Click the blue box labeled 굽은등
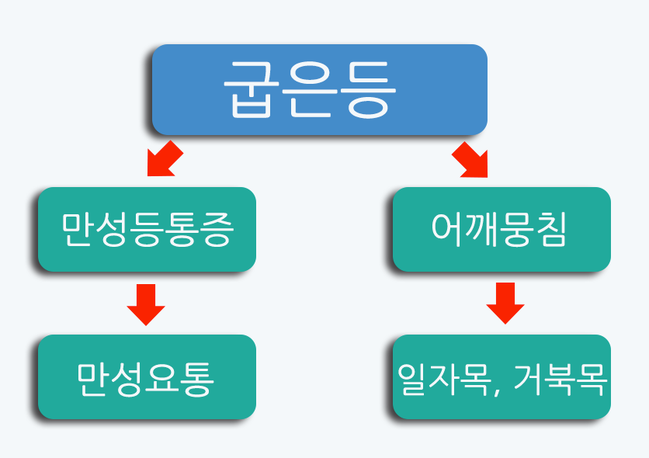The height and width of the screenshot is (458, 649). coord(319,88)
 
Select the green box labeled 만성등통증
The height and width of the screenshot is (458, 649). coord(147,229)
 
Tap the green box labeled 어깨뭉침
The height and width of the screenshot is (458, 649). coord(501,229)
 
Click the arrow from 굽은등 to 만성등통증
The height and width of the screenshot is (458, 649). coord(164,160)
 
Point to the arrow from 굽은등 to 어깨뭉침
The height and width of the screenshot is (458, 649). coord(471,160)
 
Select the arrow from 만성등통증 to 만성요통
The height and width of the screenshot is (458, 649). coord(146,304)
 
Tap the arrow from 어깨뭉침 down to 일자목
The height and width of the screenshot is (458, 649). coord(505,304)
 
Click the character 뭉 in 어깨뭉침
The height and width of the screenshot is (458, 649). coord(518,230)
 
